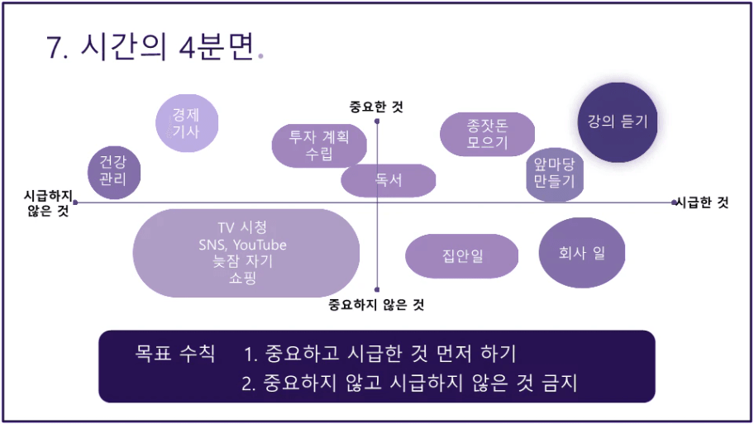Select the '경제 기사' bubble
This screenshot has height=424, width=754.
click(187, 123)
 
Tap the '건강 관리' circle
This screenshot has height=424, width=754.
click(114, 172)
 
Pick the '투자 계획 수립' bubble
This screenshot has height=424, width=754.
click(319, 145)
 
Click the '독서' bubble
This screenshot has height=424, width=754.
click(388, 180)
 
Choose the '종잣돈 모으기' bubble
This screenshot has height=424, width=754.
click(487, 134)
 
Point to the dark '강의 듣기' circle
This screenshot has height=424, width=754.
click(618, 122)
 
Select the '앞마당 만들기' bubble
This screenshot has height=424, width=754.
click(555, 174)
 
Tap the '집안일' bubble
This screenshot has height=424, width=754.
click(462, 255)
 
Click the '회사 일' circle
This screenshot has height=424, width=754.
click(582, 253)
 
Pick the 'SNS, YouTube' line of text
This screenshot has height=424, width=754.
click(242, 245)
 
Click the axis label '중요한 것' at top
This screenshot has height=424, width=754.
click(376, 107)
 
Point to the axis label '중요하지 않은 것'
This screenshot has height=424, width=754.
click(376, 304)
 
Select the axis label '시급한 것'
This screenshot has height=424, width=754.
click(703, 202)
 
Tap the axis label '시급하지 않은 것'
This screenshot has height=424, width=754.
click(48, 202)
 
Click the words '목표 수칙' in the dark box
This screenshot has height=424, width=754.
click(175, 354)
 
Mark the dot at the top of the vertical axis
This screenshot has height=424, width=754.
click(377, 121)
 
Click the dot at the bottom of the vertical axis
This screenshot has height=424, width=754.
click(377, 289)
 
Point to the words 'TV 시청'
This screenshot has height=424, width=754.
click(242, 227)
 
